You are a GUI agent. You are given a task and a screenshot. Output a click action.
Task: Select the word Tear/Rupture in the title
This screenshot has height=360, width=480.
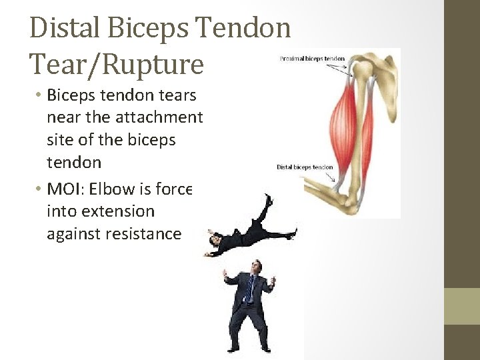click(x=117, y=63)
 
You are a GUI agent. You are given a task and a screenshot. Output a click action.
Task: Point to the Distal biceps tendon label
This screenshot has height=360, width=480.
click(x=304, y=167)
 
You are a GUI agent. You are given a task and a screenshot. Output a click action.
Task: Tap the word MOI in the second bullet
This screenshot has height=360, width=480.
click(x=64, y=189)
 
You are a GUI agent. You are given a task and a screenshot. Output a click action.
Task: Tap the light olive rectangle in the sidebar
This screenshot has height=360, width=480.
click(x=462, y=306)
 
